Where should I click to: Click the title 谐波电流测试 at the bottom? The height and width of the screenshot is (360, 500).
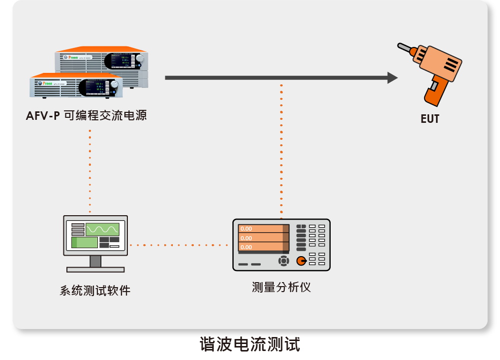tap(250, 345)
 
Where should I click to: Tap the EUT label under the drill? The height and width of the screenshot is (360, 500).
tap(429, 119)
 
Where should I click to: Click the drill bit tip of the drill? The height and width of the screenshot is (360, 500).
tap(400, 46)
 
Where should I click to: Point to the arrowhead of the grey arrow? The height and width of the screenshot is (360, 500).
tap(393, 77)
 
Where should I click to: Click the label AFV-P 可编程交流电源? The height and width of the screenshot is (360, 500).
tap(86, 116)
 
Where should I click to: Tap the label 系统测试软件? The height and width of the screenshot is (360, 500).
tap(95, 291)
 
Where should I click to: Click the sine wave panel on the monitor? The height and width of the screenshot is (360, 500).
tap(102, 229)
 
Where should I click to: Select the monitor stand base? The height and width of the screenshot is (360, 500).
tap(95, 269)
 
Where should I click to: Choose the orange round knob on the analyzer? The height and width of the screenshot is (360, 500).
tap(301, 261)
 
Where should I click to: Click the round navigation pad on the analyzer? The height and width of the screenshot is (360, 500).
tap(284, 261)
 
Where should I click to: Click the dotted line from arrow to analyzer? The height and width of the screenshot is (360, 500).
tap(281, 150)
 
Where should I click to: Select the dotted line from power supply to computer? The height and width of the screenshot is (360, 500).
tap(90, 170)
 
